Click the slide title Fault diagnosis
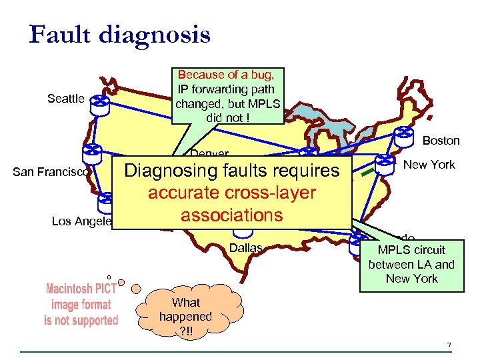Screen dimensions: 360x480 (x=119, y=34)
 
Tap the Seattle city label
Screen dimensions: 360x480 (x=66, y=99)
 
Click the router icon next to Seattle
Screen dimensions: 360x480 (x=100, y=101)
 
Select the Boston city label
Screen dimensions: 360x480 (x=441, y=140)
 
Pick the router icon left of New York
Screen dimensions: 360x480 (x=384, y=163)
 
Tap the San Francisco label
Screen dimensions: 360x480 (x=50, y=172)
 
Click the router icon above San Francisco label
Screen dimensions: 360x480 (x=92, y=153)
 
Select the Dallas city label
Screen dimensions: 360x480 (x=245, y=248)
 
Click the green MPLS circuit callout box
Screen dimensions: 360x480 (x=411, y=265)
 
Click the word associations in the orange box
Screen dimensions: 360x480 (x=231, y=215)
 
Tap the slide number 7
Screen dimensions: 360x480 (x=449, y=345)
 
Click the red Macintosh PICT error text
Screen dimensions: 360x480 (x=81, y=305)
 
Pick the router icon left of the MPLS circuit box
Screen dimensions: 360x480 (x=359, y=246)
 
